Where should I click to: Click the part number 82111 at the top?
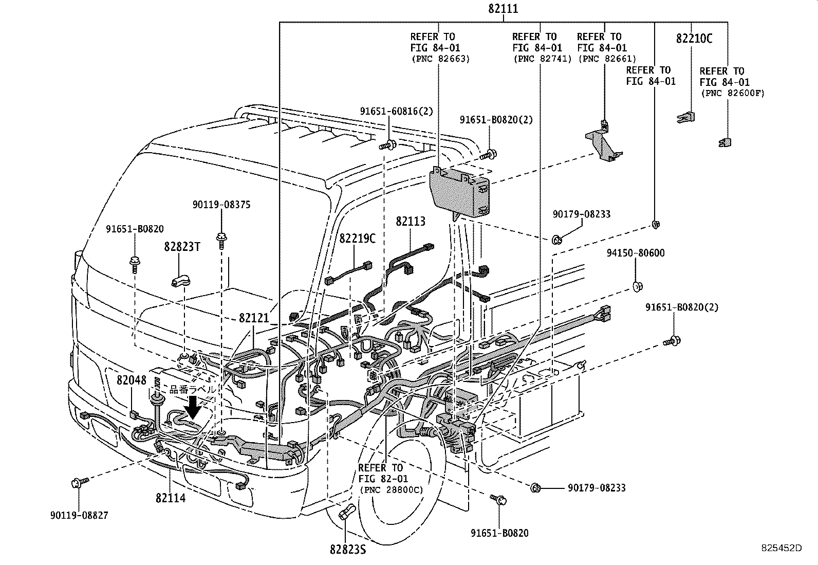503,9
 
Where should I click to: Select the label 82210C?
694,39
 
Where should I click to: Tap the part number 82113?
410,221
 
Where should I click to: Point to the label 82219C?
357,239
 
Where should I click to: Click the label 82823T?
182,246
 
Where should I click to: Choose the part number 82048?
132,380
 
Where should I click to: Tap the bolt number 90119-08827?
80,515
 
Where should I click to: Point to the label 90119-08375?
221,205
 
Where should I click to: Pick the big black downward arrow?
194,406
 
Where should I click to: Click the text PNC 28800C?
392,490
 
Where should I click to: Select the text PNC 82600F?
733,93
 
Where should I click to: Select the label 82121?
254,318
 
